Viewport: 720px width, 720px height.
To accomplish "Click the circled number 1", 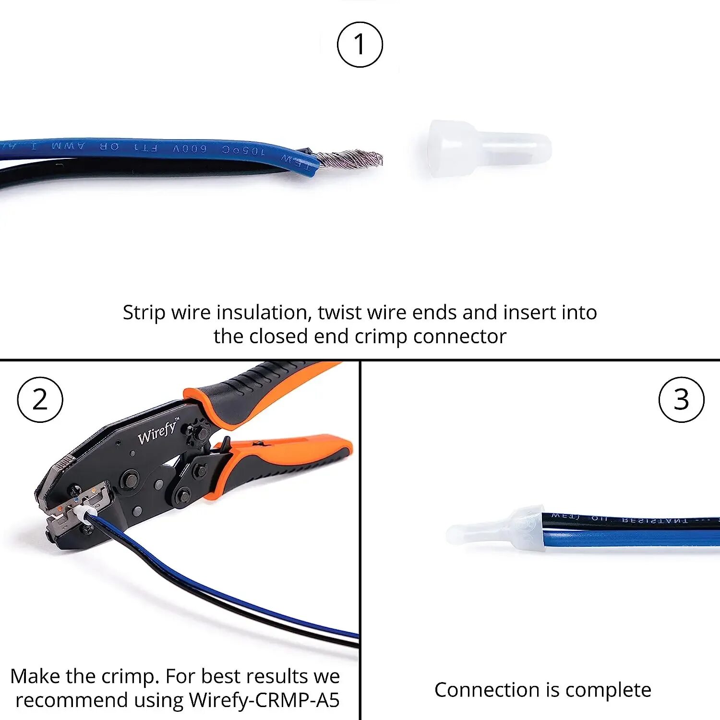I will point(360,44).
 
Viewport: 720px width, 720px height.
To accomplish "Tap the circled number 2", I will point(40,399).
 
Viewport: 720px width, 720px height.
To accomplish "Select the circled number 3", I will point(681,399).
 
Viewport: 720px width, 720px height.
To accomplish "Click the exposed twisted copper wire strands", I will point(351,158).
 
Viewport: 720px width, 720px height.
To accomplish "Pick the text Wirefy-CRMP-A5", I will point(264,700).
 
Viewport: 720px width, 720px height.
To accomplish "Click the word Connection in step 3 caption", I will point(487,690).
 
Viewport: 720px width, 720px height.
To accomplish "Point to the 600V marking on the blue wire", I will point(190,148).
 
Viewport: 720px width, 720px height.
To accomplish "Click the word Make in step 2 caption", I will point(35,676).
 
